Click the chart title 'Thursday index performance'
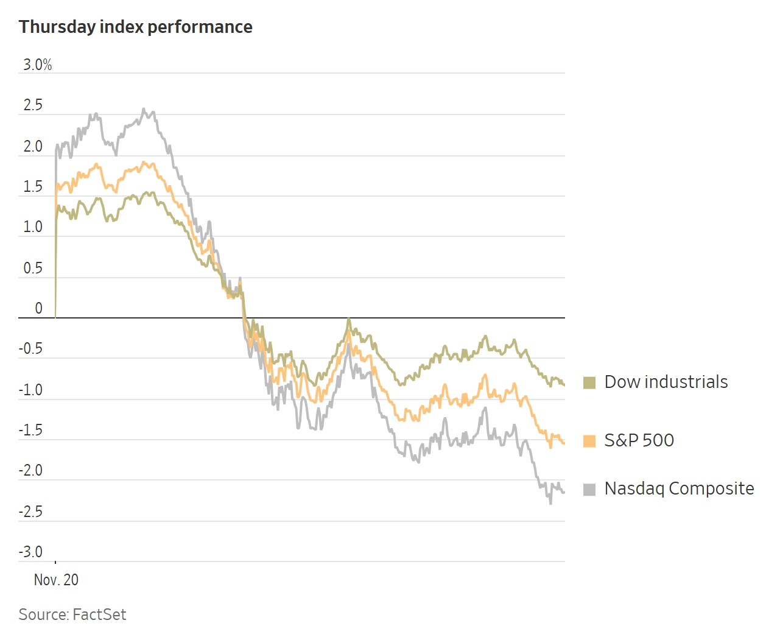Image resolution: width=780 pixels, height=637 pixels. pos(135,27)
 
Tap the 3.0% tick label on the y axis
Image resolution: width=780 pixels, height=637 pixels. pos(38,65)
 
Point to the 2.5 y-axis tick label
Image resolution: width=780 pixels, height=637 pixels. pos(33,105)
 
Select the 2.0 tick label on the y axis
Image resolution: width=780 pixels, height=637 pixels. pos(33,146)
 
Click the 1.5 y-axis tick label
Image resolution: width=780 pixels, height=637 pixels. pos(33,186)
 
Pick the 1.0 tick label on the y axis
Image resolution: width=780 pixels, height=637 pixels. pos(33,227)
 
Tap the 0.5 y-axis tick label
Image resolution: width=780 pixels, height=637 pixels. pos(33,268)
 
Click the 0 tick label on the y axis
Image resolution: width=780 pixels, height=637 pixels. pos(38,308)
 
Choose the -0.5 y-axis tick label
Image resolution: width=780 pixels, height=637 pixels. pos(30,349)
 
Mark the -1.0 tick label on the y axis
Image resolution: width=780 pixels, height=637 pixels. pos(30,390)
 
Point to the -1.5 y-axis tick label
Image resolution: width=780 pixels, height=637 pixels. pos(30,430)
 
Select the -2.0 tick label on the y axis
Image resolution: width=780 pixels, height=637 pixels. pos(30,471)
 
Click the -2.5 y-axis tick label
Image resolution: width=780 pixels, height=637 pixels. pos(30,512)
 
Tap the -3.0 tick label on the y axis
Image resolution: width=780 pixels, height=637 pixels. pos(30,552)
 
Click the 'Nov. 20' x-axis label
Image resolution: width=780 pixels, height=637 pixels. pos(56,580)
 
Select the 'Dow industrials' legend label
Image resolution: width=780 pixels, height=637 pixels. pos(666,382)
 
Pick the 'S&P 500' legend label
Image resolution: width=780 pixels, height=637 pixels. pos(639,440)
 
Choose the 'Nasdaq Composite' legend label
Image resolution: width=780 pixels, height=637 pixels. pos(679,488)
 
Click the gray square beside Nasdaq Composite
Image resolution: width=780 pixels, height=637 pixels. pos(589,490)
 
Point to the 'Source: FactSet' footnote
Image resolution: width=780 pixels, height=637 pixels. pos(72,614)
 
